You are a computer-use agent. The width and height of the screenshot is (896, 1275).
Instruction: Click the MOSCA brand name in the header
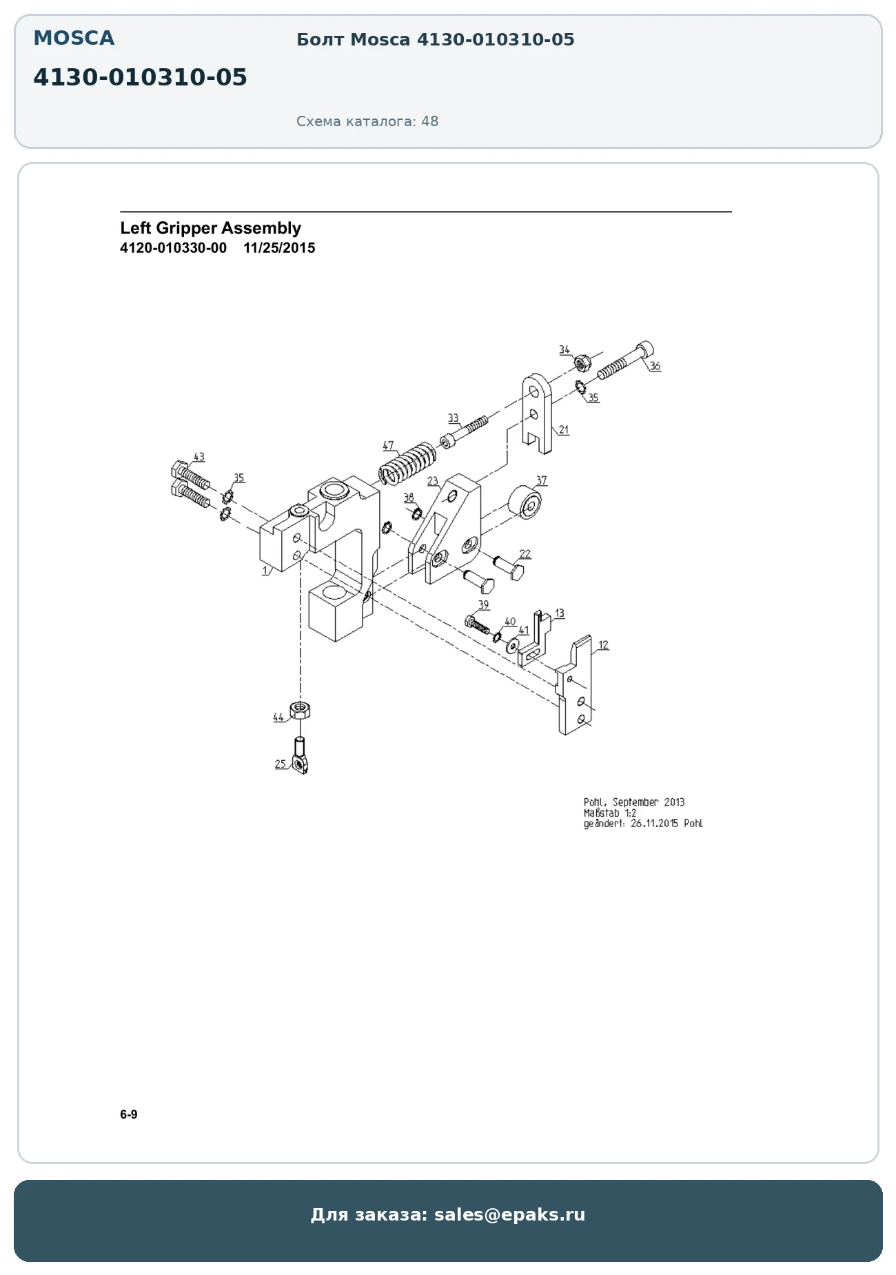click(74, 39)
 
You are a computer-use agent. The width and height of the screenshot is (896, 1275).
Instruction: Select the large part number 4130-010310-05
click(140, 77)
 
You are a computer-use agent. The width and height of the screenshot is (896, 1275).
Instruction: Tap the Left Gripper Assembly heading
click(210, 228)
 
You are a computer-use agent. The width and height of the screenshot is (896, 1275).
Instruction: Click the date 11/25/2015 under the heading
click(279, 248)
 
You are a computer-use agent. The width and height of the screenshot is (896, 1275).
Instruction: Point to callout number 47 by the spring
click(388, 445)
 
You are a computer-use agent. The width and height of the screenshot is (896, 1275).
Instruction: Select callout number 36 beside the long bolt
click(655, 366)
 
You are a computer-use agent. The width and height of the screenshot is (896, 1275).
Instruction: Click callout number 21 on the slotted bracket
click(564, 429)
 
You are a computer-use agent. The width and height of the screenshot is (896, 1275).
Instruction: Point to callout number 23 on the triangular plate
click(432, 481)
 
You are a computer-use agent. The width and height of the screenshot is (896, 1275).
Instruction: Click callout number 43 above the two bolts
click(198, 457)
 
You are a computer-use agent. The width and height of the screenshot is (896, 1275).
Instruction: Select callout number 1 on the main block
click(265, 571)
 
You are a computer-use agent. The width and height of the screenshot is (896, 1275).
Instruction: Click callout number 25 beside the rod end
click(281, 764)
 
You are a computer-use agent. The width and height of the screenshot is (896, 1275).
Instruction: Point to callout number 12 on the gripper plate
click(603, 645)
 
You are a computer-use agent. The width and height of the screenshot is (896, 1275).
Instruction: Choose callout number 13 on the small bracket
click(559, 613)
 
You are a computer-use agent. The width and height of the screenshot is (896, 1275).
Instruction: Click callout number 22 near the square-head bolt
click(525, 553)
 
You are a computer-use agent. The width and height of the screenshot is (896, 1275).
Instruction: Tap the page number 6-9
click(129, 1114)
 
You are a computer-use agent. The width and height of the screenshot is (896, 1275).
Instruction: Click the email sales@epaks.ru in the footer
click(509, 1214)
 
